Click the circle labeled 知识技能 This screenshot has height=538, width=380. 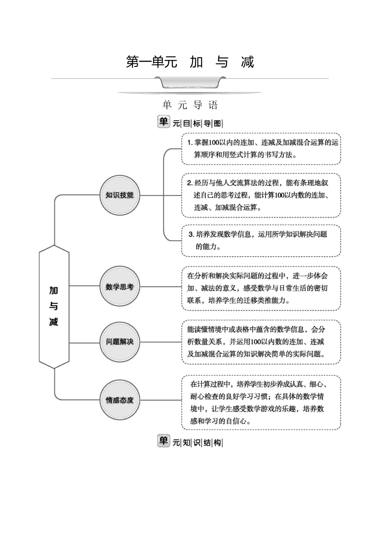click(x=120, y=195)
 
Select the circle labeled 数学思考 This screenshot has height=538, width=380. click(x=120, y=286)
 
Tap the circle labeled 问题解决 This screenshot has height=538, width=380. click(x=120, y=342)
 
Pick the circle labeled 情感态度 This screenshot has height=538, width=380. click(x=120, y=400)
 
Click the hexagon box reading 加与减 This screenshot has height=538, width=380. click(x=54, y=307)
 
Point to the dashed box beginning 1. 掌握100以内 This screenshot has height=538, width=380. click(x=261, y=149)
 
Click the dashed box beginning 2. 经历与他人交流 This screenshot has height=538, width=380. click(x=261, y=196)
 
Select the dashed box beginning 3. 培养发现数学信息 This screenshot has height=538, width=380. click(x=261, y=241)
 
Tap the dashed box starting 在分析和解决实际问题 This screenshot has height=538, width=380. click(x=261, y=288)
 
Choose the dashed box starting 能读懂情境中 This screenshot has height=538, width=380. click(x=261, y=342)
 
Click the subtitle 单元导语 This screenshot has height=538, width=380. click(x=190, y=105)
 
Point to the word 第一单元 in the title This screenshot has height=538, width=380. click(x=152, y=62)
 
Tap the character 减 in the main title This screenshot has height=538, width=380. click(x=247, y=62)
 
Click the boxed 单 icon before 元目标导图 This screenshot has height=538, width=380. click(x=163, y=122)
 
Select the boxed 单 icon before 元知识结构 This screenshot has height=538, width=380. click(x=163, y=441)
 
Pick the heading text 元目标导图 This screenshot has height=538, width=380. click(x=198, y=123)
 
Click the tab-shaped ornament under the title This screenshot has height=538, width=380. click(x=190, y=82)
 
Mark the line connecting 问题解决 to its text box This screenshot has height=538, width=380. click(x=161, y=342)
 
